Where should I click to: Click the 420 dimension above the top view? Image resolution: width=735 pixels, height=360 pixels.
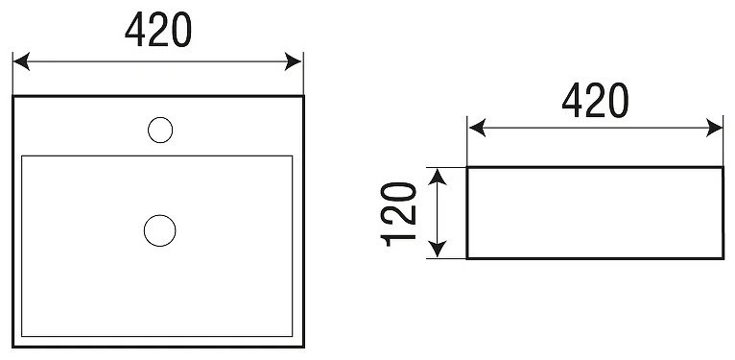(158, 29)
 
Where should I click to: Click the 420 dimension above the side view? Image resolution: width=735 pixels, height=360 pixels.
(595, 100)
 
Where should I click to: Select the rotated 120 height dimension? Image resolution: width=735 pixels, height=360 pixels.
(398, 214)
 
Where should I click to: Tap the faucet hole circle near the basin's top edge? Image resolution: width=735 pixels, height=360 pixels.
(160, 130)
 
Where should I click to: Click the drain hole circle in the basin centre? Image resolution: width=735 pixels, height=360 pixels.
(160, 230)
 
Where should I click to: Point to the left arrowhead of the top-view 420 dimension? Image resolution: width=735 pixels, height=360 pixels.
(21, 61)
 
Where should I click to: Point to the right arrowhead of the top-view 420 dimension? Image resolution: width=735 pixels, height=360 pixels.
(293, 61)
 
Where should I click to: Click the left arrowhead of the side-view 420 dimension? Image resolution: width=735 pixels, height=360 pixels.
(477, 128)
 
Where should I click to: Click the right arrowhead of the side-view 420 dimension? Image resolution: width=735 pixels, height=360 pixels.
(715, 128)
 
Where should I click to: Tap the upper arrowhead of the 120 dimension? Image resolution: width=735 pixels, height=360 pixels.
(438, 178)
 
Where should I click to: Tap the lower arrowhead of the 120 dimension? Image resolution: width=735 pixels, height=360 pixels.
(438, 249)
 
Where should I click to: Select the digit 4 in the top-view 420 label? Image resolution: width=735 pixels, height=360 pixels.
(134, 29)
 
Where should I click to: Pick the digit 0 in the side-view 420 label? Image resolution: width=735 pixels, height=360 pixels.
(618, 100)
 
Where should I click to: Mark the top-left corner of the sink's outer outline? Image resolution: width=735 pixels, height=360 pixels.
(13, 96)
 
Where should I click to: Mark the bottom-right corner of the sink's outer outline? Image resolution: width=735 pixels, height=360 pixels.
(304, 347)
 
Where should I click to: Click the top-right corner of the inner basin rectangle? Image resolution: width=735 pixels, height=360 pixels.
(293, 156)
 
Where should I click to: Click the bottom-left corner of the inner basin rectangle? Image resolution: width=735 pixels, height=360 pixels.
(21, 336)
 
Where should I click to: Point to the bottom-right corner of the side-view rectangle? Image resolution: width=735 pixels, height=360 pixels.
(723, 258)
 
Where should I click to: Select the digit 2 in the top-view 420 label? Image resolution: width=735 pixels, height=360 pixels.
(158, 29)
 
